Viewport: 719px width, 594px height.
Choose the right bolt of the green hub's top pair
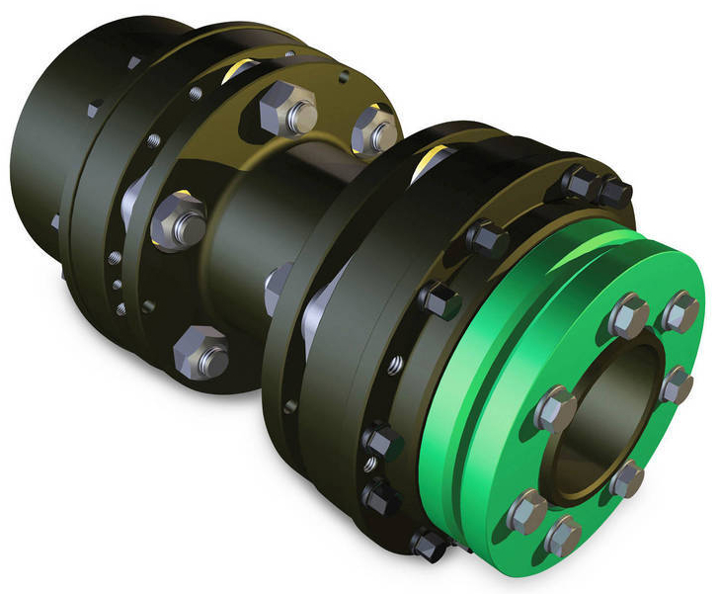coord(680,311)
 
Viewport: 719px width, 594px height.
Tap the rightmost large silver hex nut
coord(375,129)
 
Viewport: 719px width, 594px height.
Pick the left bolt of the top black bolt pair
coord(576,182)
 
